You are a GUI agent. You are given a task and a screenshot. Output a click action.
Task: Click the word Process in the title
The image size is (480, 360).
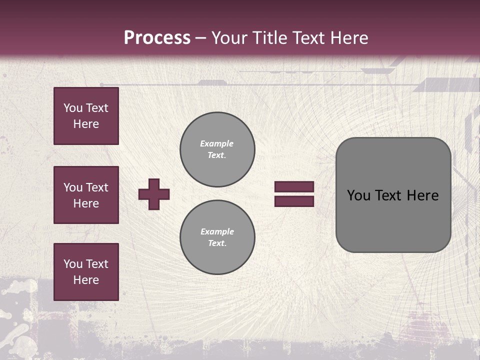[157, 38]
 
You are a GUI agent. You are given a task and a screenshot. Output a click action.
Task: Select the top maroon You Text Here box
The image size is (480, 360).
[86, 116]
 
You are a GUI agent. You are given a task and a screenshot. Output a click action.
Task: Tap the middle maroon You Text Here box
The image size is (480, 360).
[86, 195]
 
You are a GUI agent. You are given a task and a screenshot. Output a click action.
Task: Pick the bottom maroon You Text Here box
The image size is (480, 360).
[86, 272]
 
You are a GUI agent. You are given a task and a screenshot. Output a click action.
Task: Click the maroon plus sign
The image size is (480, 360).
[154, 194]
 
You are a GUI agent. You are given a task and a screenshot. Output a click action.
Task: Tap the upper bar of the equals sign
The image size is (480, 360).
[294, 187]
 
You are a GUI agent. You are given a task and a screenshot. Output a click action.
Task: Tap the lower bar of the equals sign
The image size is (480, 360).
[294, 201]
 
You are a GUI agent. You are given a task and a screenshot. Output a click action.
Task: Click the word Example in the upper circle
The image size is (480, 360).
[217, 143]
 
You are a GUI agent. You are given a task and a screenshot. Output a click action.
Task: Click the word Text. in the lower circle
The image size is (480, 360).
[217, 243]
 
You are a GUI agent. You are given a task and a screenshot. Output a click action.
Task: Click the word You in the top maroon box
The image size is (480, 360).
[72, 108]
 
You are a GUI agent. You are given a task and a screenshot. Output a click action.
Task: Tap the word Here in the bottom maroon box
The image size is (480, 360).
[86, 280]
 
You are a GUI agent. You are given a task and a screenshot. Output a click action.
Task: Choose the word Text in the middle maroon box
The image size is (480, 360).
[97, 187]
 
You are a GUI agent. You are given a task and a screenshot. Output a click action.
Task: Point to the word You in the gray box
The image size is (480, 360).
[358, 195]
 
